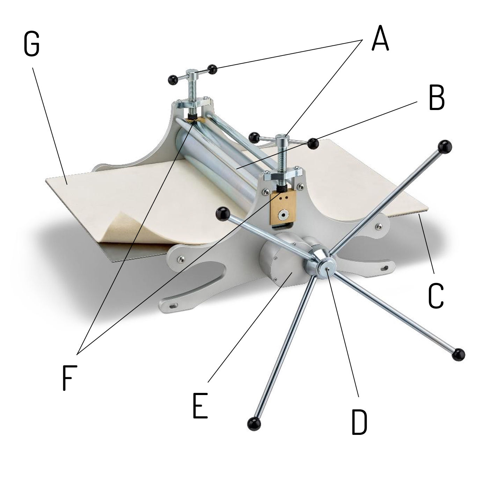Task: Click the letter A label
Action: click(x=380, y=38)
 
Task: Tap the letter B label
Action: click(x=436, y=98)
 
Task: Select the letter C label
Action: click(x=436, y=296)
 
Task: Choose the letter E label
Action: click(x=200, y=405)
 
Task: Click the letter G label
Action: click(x=32, y=44)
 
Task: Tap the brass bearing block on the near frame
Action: click(x=283, y=208)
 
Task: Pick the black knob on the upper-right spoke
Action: click(x=446, y=146)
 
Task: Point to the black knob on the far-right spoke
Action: click(x=458, y=355)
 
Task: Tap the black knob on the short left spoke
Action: click(x=222, y=214)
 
